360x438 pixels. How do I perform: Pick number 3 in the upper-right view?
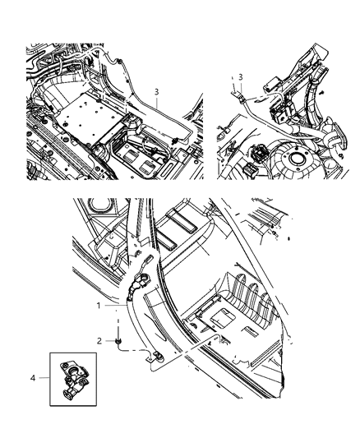[242, 76]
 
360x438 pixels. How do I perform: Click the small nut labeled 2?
[120, 339]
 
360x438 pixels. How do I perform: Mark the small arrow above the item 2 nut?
[120, 328]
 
